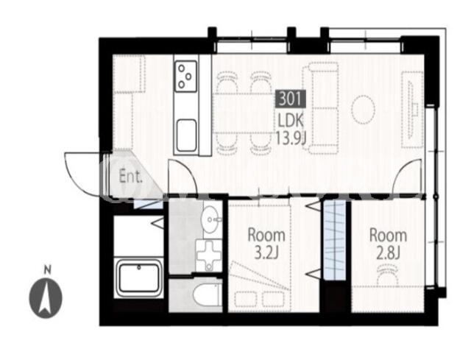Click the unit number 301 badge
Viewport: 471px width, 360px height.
pos(291,99)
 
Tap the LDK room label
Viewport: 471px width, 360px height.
pos(291,121)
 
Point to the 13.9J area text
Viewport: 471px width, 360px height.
pos(291,138)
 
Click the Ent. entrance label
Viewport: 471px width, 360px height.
pos(131,177)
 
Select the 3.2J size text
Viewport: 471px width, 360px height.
pos(266,253)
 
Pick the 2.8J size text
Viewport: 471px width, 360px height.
pos(388,253)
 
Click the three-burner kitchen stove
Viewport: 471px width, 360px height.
pos(186,76)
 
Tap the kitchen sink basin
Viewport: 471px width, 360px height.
pos(186,135)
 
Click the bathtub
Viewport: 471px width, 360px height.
pos(138,278)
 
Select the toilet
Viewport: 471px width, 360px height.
pos(207,294)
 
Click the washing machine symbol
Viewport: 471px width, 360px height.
pos(208,255)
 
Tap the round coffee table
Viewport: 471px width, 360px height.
pos(364,110)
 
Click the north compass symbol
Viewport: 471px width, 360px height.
pos(46,298)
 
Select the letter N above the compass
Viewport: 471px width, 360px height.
pos(47,270)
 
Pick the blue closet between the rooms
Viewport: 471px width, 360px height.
pos(335,241)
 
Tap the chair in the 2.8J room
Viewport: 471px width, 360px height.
pos(388,274)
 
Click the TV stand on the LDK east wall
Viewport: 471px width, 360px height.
pos(413,110)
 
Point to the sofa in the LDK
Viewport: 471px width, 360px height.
pos(321,108)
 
